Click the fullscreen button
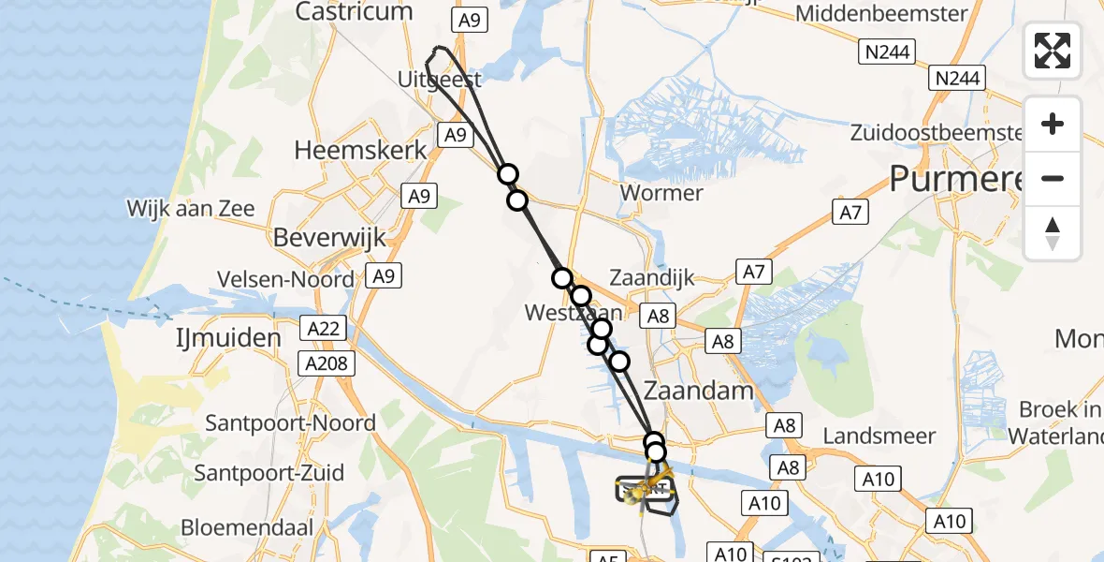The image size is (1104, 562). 1053,51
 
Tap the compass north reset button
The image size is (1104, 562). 1053,233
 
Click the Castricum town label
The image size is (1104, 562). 354,12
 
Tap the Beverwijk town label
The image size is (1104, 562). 329,238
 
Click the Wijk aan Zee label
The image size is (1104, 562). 191,209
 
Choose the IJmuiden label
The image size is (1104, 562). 228,338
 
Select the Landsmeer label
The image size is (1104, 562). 879,436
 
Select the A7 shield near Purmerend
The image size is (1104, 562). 849,213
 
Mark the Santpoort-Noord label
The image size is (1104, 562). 290,423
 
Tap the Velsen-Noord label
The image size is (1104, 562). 285,279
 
